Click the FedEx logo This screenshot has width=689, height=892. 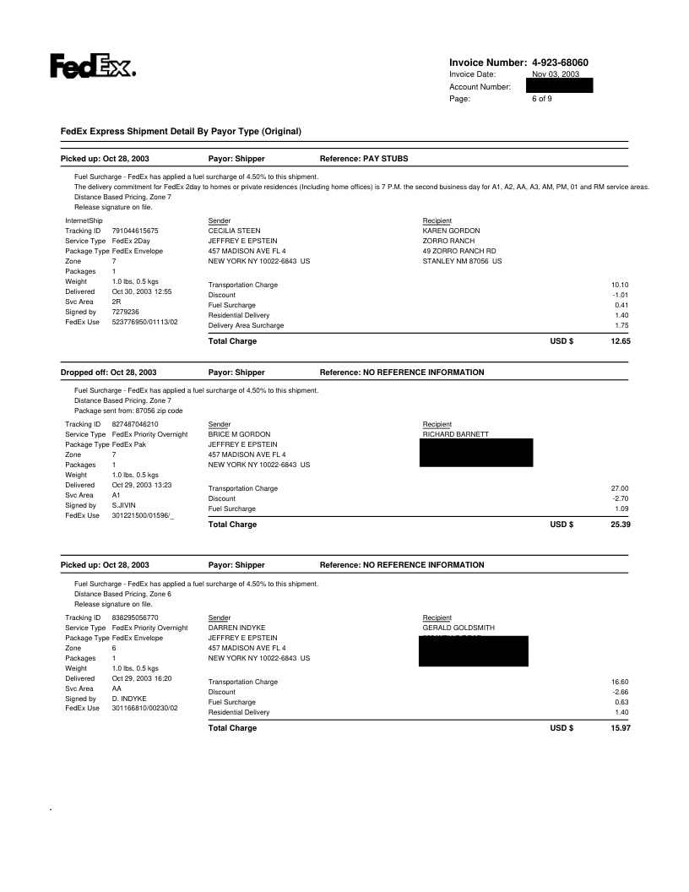[x=93, y=66]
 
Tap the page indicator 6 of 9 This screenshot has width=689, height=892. [x=542, y=99]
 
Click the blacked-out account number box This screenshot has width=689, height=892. [x=559, y=86]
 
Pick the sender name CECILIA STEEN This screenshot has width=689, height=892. [x=234, y=230]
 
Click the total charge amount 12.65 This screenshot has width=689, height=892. [x=621, y=341]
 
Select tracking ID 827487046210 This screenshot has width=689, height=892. [x=141, y=424]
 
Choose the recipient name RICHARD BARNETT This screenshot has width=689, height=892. [x=456, y=434]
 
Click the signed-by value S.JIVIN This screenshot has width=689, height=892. [x=126, y=505]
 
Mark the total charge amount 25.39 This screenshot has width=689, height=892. [x=621, y=525]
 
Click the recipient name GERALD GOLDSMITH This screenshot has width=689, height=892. [x=458, y=628]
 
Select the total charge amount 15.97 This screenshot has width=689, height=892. [x=621, y=728]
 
